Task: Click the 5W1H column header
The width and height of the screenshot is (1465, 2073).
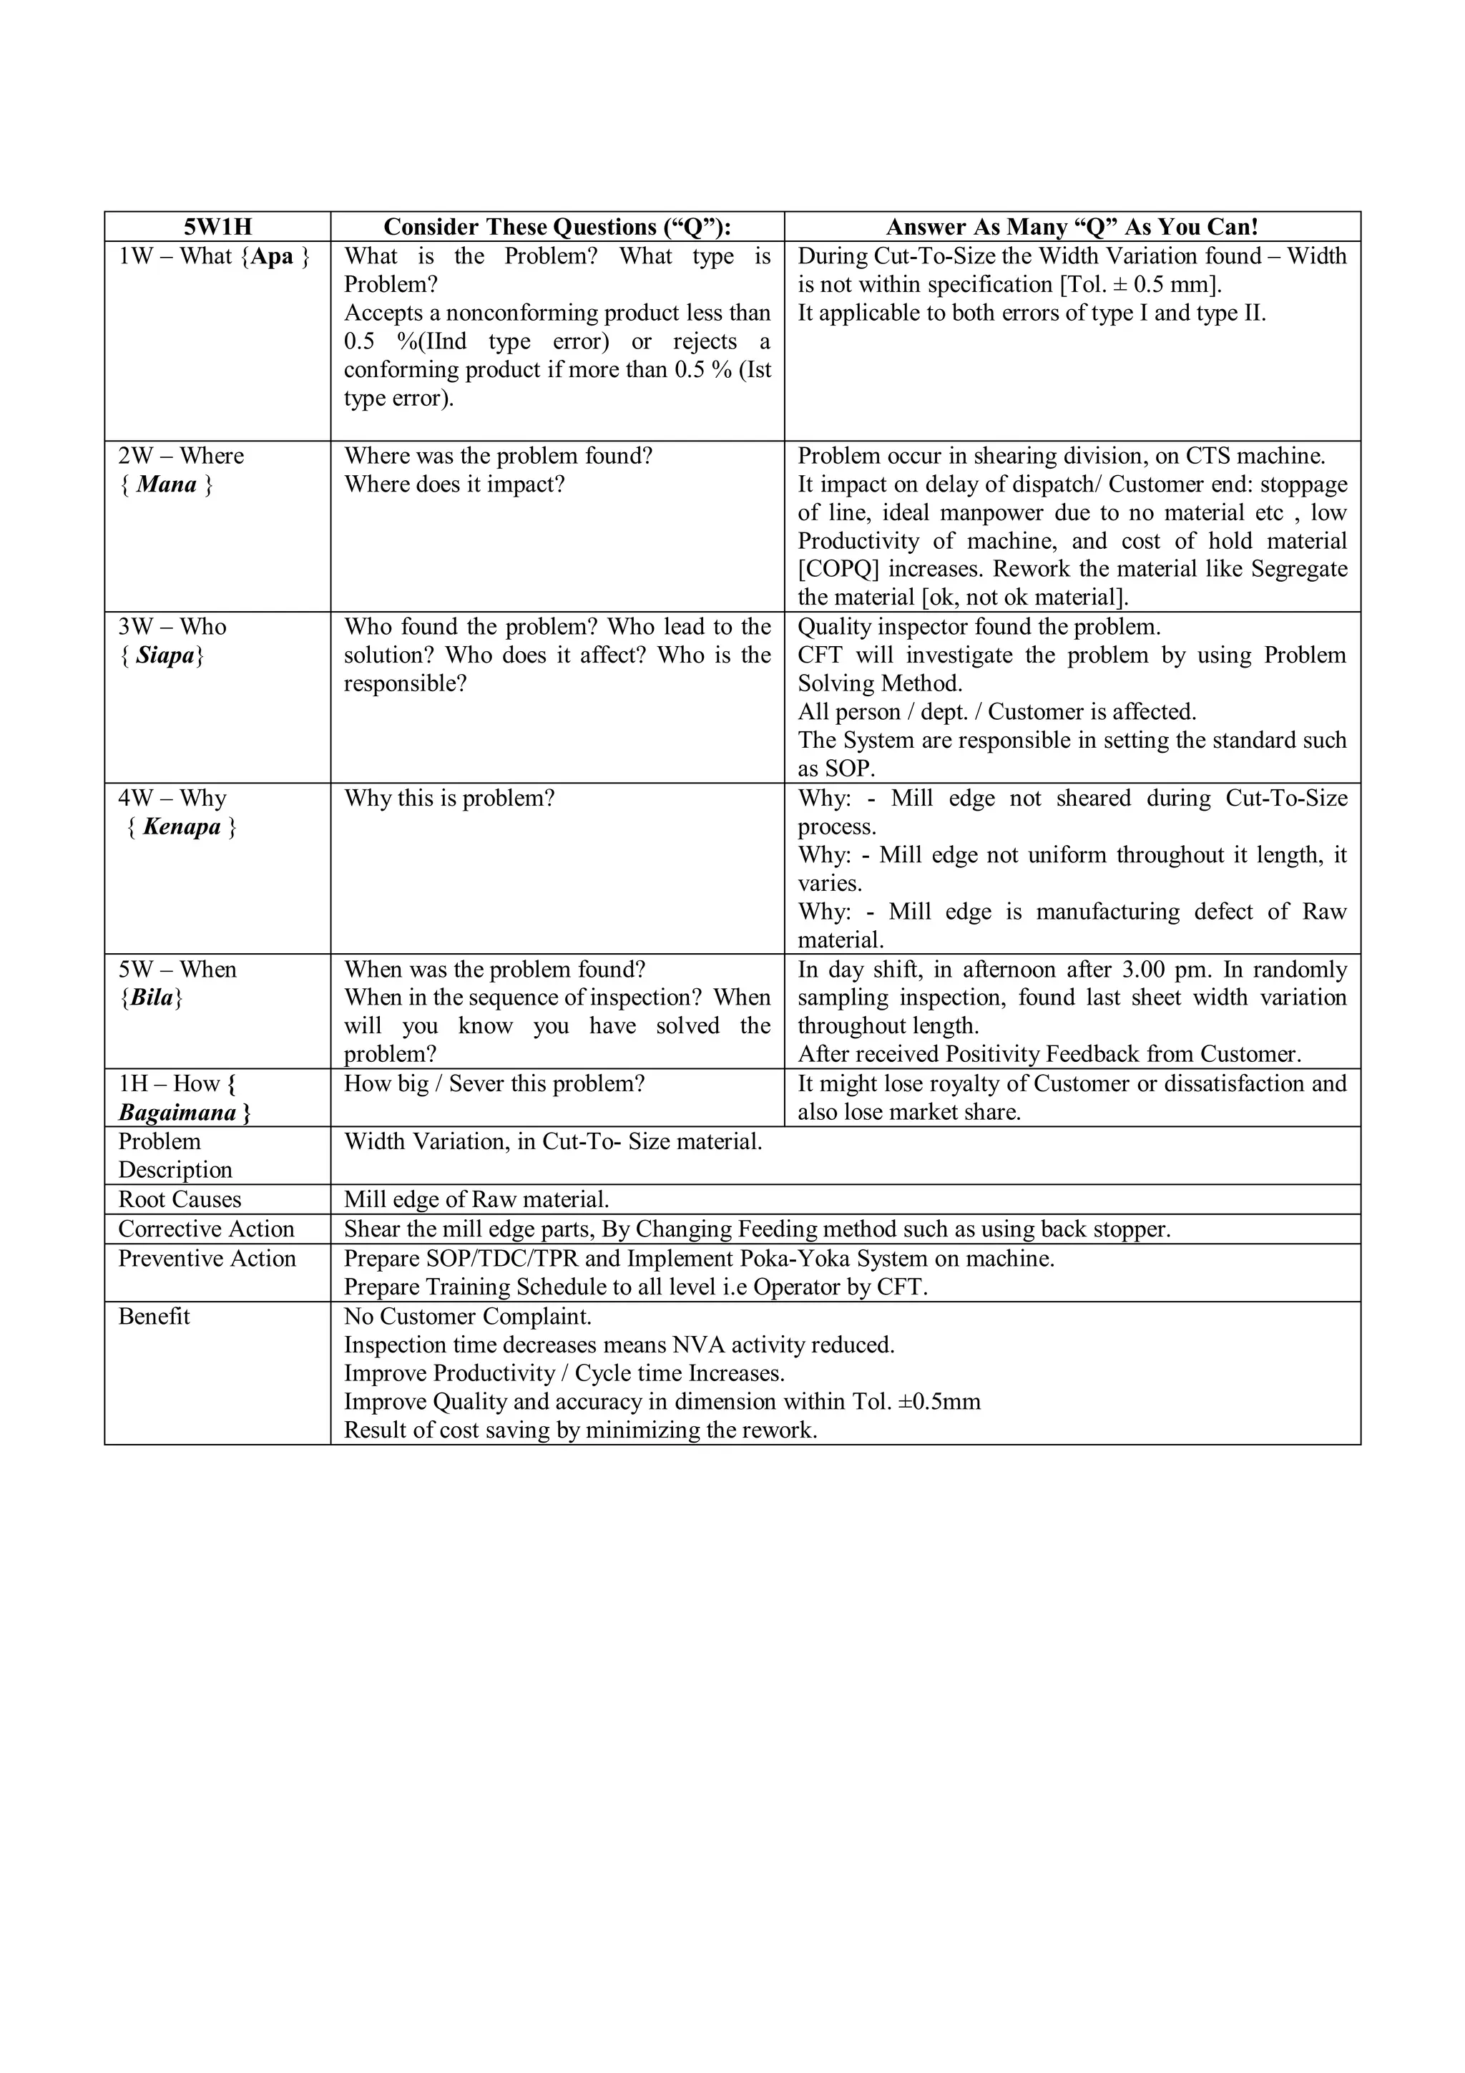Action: point(217,227)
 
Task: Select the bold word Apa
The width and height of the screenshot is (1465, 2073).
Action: point(272,256)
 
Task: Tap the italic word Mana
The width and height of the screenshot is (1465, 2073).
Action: point(166,485)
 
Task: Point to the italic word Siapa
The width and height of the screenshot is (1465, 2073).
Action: point(165,655)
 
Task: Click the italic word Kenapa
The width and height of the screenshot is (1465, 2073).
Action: point(182,827)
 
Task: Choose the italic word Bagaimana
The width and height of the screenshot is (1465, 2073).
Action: point(177,1112)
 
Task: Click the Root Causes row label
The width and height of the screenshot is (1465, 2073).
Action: point(180,1199)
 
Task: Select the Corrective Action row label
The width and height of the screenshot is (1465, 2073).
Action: point(206,1229)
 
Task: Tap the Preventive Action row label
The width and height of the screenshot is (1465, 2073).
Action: point(207,1259)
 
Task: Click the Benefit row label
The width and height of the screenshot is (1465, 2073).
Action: point(155,1317)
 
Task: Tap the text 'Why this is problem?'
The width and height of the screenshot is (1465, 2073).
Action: point(449,798)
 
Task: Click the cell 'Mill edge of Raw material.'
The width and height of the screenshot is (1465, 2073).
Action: point(476,1199)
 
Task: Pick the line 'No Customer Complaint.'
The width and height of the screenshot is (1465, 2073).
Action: point(468,1317)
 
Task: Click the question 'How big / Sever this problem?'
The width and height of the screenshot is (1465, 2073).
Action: point(494,1083)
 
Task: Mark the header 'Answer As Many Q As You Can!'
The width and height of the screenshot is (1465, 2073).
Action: point(1072,227)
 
